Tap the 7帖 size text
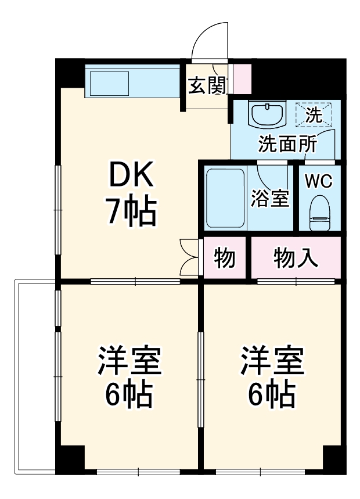tap(130, 211)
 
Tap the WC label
tap(318, 181)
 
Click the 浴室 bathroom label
tap(270, 199)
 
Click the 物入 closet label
tap(296, 257)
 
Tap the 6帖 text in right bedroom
tap(272, 396)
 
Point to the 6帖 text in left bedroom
tap(129, 396)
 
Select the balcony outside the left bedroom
tap(35, 378)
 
